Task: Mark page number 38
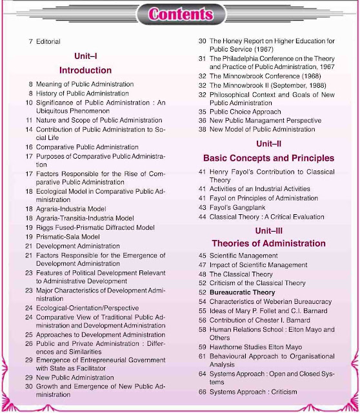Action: click(202, 129)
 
